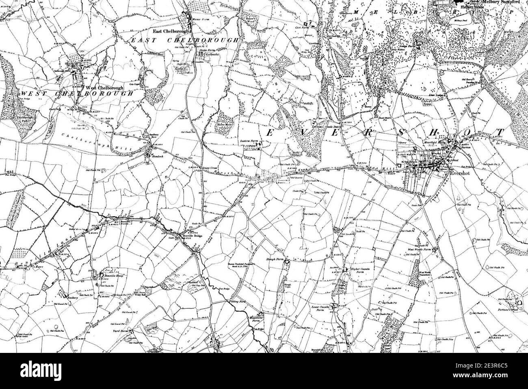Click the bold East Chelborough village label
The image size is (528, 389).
[167, 31]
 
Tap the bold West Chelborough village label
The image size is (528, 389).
[102, 88]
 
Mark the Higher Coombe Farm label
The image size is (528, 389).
[359, 271]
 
